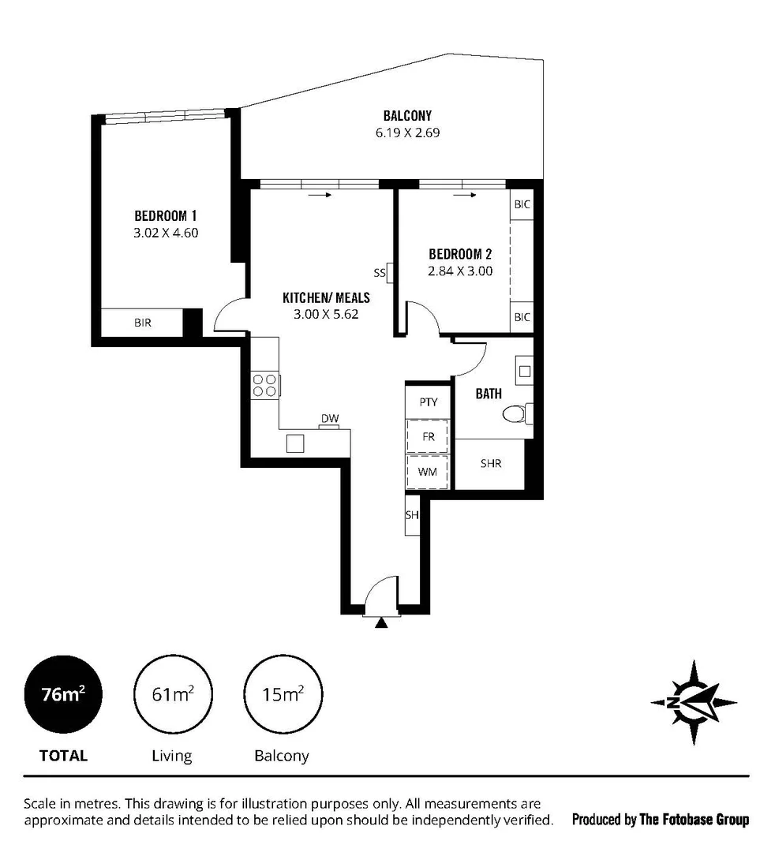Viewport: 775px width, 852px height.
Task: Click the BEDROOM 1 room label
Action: coord(165,215)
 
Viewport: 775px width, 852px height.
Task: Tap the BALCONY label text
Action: coord(407,116)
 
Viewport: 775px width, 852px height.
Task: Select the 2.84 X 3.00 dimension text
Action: coord(460,271)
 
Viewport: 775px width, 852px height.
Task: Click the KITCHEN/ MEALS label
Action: coord(326,297)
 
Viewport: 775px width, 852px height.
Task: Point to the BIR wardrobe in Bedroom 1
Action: coord(143,323)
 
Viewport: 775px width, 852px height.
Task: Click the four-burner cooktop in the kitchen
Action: coord(264,385)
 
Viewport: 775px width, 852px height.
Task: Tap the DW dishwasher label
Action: coord(329,419)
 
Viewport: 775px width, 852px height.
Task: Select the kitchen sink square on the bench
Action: coord(295,443)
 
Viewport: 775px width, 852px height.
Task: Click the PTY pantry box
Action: coord(428,402)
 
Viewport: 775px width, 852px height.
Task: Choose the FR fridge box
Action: coord(428,435)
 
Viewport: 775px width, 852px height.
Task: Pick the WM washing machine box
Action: coord(428,472)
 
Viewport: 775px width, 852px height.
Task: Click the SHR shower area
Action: coord(491,464)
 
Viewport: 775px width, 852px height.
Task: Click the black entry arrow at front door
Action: coord(382,622)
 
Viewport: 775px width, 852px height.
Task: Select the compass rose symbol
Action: coord(693,702)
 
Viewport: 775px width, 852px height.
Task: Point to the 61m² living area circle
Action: coord(173,695)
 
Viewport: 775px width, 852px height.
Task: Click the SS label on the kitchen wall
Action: coord(379,273)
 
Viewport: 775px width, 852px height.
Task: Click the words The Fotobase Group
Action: coord(694,820)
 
